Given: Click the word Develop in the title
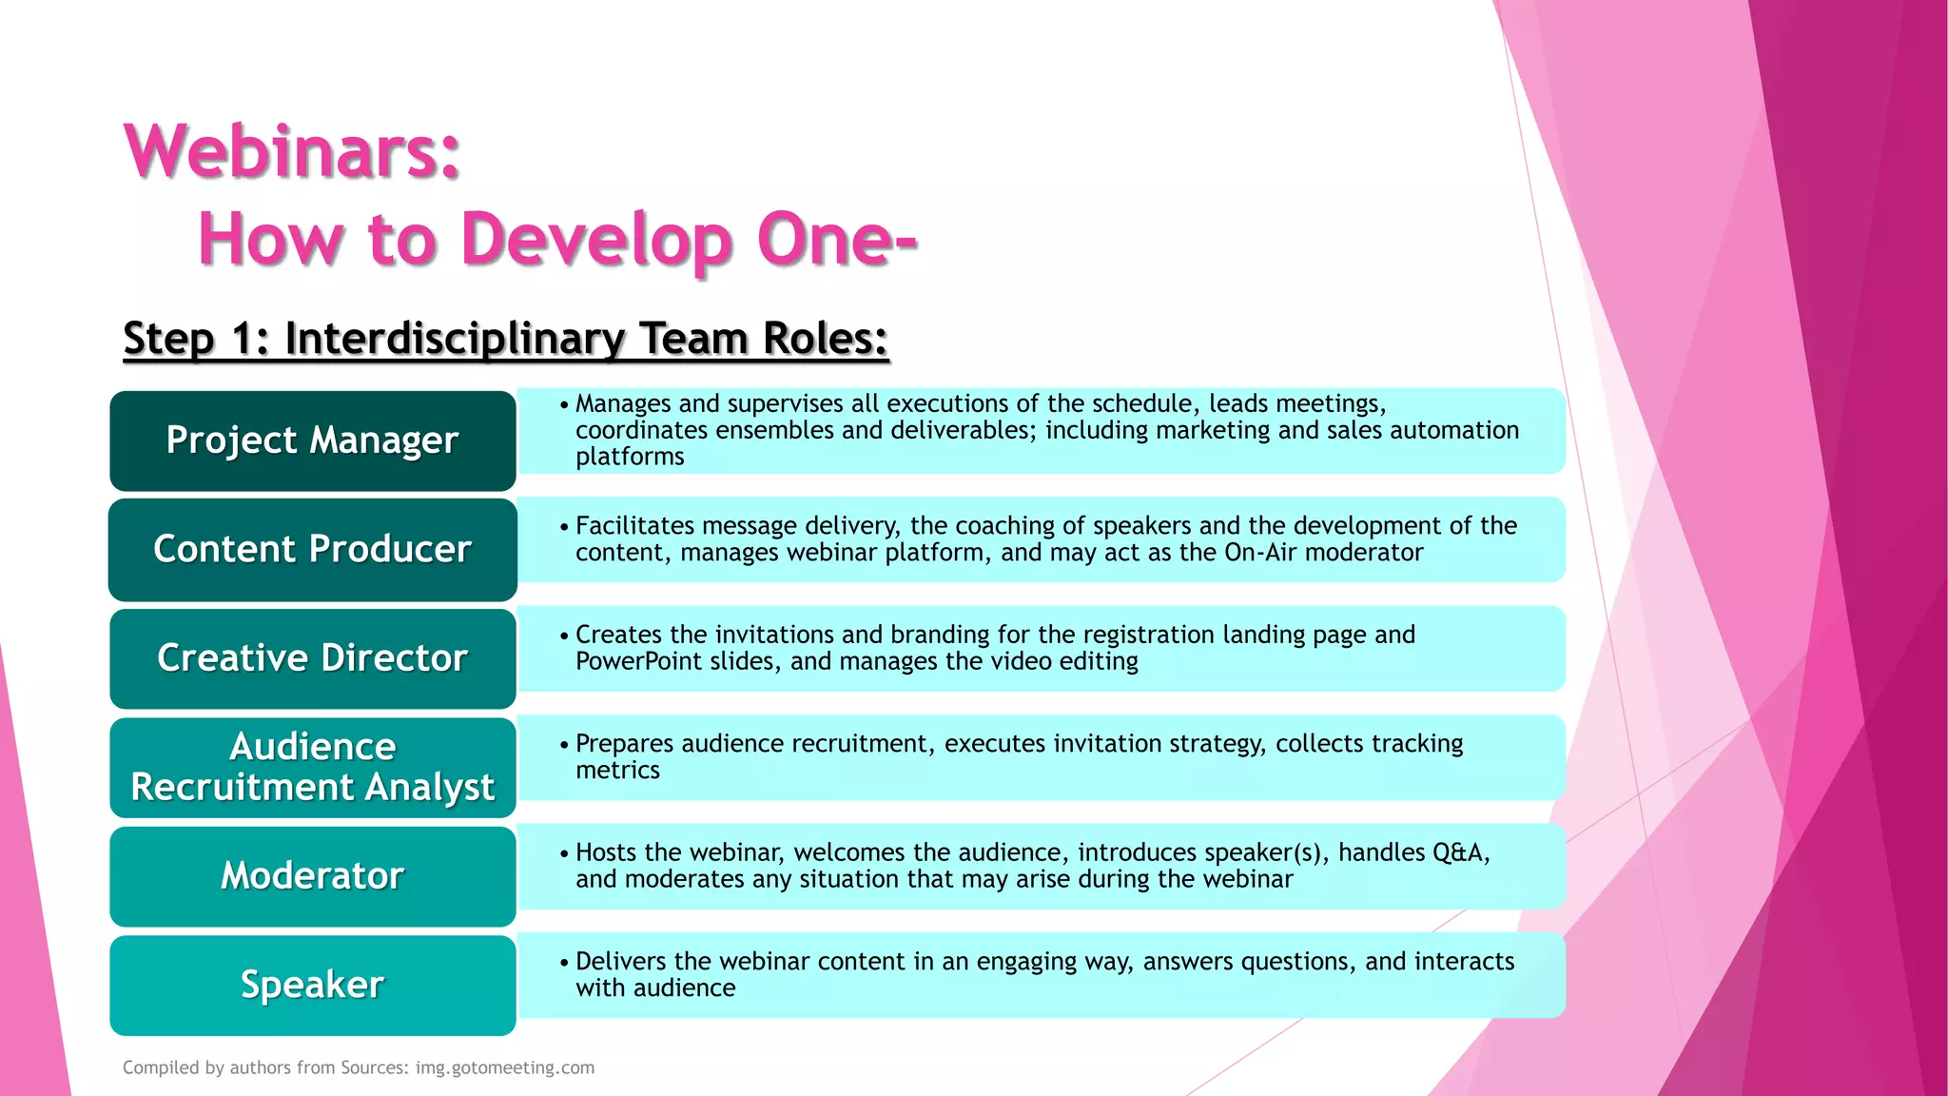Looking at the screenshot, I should [x=596, y=239].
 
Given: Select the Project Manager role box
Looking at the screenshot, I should [x=312, y=440].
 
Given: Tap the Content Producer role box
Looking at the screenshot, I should [x=312, y=549].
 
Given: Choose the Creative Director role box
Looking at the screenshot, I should [x=312, y=658].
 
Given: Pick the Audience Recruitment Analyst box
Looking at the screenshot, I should [x=312, y=767].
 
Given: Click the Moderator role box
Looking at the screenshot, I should [x=312, y=876].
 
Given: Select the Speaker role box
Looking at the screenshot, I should [x=312, y=985].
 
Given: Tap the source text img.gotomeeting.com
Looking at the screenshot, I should [x=505, y=1067].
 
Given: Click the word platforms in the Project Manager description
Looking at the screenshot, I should [x=630, y=458].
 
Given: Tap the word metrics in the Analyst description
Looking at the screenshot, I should [x=617, y=771].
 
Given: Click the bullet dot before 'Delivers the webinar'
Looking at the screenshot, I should [x=564, y=963].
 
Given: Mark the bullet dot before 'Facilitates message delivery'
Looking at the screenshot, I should [x=564, y=527].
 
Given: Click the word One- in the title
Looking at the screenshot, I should [x=837, y=239].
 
